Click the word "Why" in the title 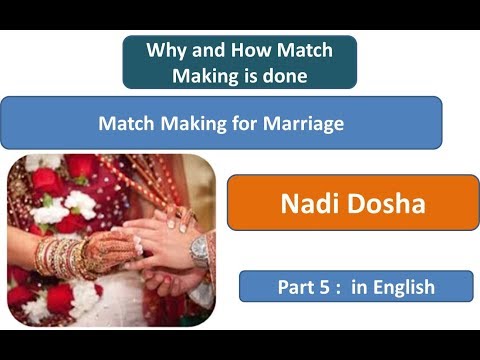(x=166, y=49)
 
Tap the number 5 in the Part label (x=324, y=287)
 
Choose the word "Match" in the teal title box (x=303, y=49)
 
